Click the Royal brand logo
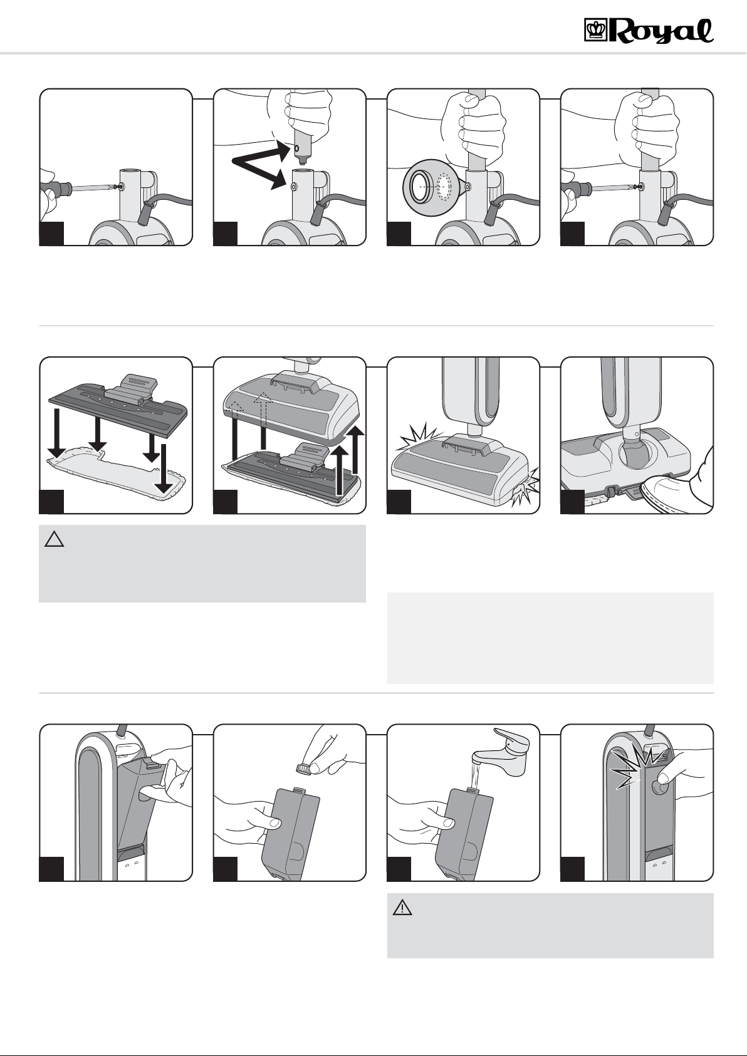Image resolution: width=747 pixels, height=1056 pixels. point(649,30)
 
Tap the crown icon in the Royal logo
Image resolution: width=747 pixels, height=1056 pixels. point(592,29)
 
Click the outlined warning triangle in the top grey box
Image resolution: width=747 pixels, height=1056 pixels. point(54,539)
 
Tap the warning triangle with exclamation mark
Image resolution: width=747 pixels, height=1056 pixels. point(402,908)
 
